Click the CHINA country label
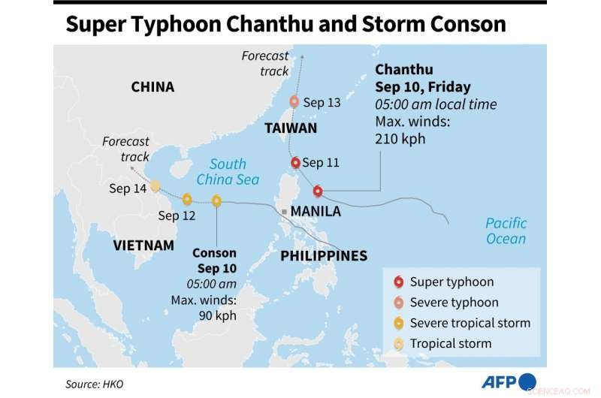[x=153, y=87]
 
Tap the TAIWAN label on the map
[x=291, y=128]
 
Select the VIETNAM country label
[x=143, y=246]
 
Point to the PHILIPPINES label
[x=324, y=256]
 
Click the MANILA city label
[x=316, y=212]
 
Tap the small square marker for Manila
[x=285, y=212]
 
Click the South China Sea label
[x=228, y=172]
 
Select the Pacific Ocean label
[x=506, y=231]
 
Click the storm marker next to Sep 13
[x=294, y=101]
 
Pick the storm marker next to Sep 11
[x=296, y=162]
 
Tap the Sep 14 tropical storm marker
[x=155, y=185]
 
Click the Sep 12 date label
[x=177, y=216]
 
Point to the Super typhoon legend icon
[x=397, y=282]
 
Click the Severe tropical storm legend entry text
[x=470, y=323]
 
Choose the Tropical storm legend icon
[x=397, y=343]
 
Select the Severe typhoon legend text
[x=454, y=303]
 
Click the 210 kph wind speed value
[x=400, y=139]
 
